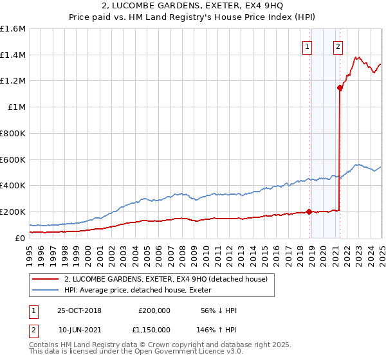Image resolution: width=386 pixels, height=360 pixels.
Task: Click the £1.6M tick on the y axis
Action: [13, 28]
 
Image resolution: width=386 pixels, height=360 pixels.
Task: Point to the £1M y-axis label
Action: [16, 107]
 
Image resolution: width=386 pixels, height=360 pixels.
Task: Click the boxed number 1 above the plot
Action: [308, 46]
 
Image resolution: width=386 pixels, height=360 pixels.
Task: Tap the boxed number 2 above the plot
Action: [338, 46]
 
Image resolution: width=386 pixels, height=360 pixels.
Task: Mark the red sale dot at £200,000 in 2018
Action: [309, 212]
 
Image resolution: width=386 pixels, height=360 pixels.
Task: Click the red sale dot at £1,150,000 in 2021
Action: [340, 87]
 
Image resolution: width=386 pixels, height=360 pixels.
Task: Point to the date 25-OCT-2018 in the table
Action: [79, 310]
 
